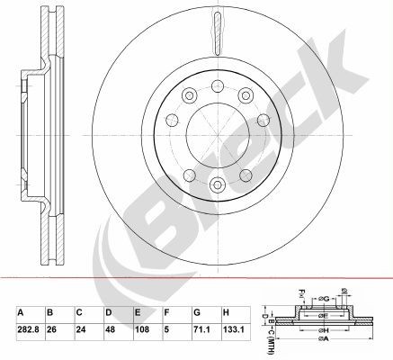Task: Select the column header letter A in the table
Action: point(20,313)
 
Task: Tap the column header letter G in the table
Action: point(196,313)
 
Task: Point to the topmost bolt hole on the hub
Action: point(215,86)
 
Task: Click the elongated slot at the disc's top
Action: point(216,31)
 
